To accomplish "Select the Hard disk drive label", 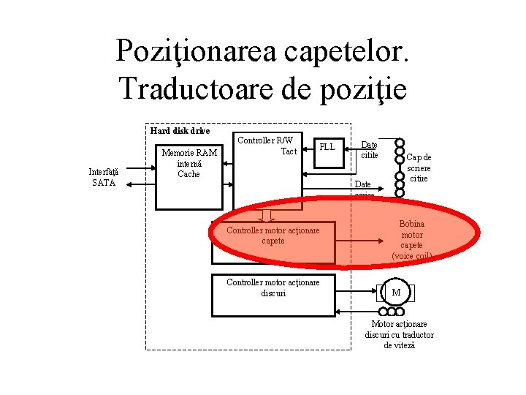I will pos(180,131).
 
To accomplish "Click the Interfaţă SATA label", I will pos(103,177).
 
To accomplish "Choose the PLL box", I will pos(327,147).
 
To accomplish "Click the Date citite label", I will pos(369,150).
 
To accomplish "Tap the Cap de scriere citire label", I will pos(419,168).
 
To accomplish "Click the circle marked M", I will pos(397,293).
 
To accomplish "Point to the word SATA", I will pos(103,183).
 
